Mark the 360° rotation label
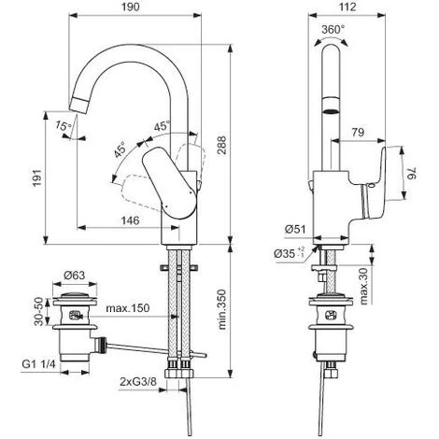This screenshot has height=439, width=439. click(336, 29)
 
